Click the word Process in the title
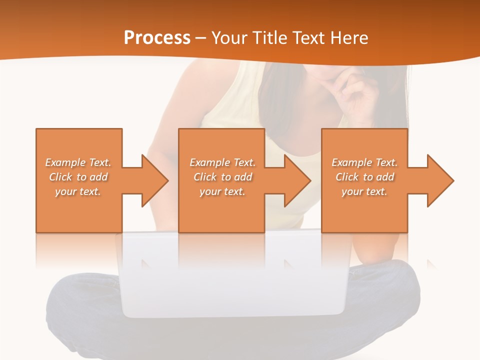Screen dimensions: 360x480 157,38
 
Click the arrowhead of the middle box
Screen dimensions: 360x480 297,180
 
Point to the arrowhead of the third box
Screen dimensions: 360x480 440,180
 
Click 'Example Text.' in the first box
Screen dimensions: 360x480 78,162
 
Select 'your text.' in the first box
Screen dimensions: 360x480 78,191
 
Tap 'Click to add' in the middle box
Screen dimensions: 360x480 222,177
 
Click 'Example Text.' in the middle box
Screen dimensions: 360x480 222,162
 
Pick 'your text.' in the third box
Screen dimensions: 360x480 364,191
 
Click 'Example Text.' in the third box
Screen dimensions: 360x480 364,162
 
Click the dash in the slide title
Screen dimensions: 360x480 200,38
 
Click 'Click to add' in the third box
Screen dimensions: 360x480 364,177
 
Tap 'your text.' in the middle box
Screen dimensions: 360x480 222,191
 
